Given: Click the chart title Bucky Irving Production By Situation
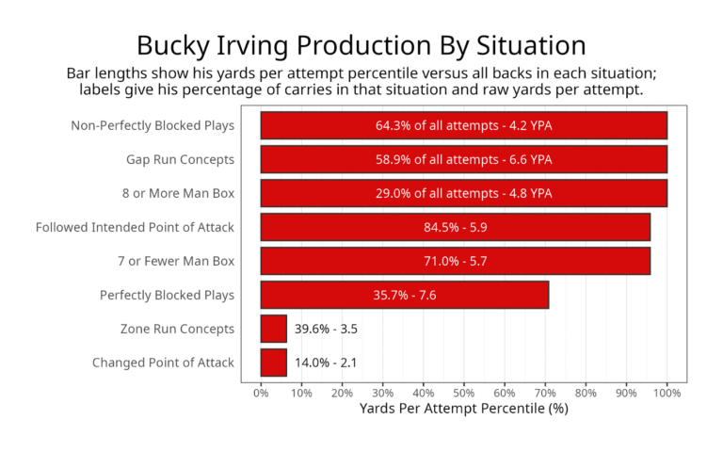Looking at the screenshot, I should point(361,44).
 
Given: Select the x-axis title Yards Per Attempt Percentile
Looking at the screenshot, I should point(464,409).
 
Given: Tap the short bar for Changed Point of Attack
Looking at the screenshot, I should point(273,363).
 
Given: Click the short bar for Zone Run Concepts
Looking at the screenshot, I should point(273,329).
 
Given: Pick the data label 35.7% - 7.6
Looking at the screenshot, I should point(404,295).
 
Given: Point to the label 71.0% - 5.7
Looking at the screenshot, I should point(455,261).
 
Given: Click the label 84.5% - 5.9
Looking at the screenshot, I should point(455,227).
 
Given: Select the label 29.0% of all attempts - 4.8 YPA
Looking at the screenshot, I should point(463,193).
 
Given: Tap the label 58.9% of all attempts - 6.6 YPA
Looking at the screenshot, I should point(463,159).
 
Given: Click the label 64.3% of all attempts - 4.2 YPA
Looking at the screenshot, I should point(463,125).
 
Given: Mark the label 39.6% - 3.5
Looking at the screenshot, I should point(326,329).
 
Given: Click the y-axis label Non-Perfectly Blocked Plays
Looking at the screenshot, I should point(153,125).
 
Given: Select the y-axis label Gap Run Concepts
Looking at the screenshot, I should point(180,159).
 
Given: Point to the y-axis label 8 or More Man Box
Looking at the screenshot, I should point(178,193).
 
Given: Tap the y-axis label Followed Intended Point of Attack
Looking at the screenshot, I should point(135,227).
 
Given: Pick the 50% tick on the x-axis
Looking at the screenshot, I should point(464,391).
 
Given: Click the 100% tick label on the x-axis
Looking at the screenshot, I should point(667,391).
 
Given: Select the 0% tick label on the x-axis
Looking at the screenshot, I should point(261,391).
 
